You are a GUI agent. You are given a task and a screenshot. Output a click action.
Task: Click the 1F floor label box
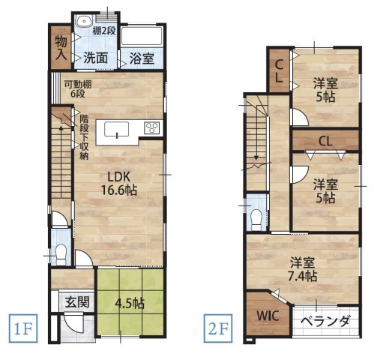point(22,328)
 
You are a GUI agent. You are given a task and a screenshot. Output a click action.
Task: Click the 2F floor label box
point(216,328)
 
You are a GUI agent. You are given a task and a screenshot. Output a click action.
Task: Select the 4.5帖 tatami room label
point(130,304)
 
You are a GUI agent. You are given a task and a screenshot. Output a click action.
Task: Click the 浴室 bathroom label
point(140,58)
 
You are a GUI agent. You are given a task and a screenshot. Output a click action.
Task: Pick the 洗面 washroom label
point(95,57)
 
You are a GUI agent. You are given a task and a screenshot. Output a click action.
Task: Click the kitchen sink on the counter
point(118,129)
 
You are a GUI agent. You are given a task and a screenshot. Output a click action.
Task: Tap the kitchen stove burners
point(151,127)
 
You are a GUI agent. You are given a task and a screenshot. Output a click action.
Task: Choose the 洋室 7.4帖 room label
point(304,269)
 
